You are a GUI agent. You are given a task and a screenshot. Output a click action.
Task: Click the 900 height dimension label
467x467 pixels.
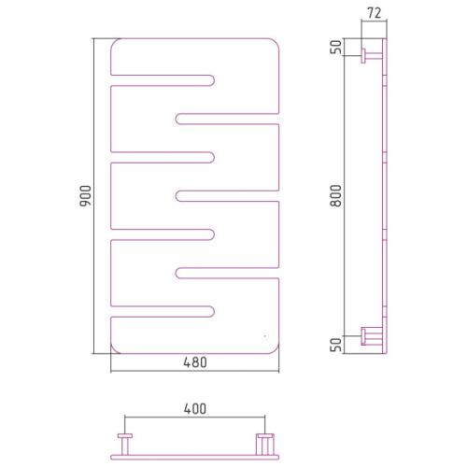pyautogui.click(x=85, y=196)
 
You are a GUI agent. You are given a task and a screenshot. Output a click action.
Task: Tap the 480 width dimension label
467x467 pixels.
pyautogui.click(x=195, y=362)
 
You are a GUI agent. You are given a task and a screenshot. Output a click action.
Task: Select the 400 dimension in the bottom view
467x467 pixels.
pyautogui.click(x=195, y=409)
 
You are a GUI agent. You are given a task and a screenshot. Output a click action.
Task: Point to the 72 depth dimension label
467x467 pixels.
pyautogui.click(x=374, y=13)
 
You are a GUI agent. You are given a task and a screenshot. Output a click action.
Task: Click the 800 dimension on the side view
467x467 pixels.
pyautogui.click(x=336, y=196)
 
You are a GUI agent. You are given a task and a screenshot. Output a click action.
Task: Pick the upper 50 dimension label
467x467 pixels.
pyautogui.click(x=335, y=47)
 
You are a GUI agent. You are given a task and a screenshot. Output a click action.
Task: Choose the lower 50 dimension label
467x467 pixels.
pyautogui.click(x=335, y=345)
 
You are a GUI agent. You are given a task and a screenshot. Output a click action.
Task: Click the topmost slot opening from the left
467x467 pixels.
pyautogui.click(x=163, y=80)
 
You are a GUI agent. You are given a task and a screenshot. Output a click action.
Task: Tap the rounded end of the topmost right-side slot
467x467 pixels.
pyautogui.click(x=178, y=119)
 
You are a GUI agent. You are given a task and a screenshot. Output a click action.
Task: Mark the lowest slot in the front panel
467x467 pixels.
pyautogui.click(x=163, y=312)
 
